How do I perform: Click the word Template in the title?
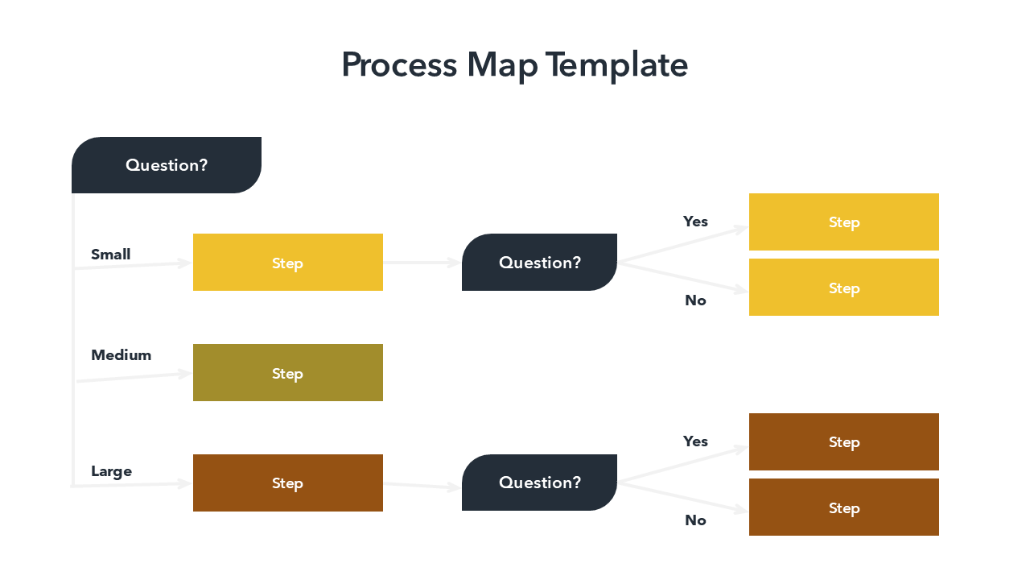point(616,65)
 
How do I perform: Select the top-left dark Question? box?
point(167,165)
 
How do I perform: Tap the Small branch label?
point(110,255)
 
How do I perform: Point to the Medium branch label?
point(121,355)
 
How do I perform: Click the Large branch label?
point(111,471)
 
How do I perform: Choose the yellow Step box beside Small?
point(287,263)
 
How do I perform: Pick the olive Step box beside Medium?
point(287,373)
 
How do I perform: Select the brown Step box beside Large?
point(287,483)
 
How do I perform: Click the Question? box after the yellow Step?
point(539,263)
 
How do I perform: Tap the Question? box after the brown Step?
point(539,483)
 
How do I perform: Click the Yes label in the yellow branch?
point(695,222)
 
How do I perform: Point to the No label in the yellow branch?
point(695,300)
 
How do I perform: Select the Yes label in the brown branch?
point(695,441)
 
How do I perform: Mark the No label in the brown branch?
point(695,520)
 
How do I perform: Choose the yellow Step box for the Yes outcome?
point(843,222)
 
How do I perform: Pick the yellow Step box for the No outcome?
point(843,288)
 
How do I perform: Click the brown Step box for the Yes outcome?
point(843,442)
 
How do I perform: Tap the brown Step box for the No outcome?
point(843,507)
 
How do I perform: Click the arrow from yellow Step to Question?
point(422,263)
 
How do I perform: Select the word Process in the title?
point(399,65)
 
